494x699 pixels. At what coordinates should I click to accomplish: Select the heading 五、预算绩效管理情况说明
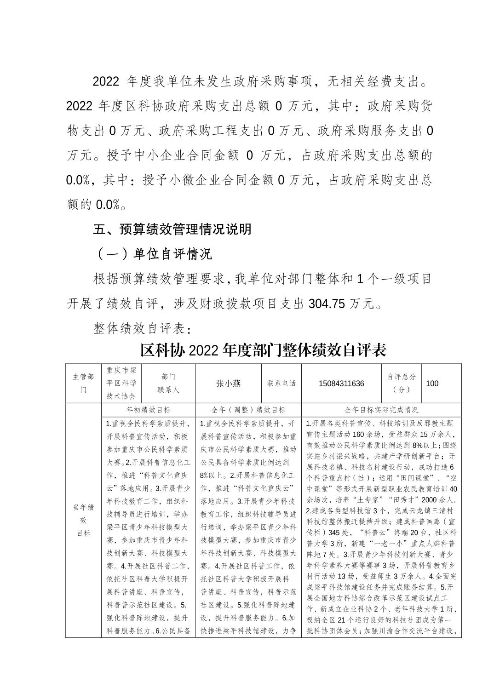[172, 229]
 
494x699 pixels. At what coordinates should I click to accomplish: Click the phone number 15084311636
[341, 384]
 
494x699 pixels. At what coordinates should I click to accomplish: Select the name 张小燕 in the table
[229, 384]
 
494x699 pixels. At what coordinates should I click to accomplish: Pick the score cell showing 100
[432, 384]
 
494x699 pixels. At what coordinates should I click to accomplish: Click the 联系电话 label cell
[281, 384]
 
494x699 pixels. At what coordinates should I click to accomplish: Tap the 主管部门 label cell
[83, 384]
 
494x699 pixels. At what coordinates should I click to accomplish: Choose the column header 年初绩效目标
[148, 410]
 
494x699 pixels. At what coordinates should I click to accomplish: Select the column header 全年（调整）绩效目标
[248, 410]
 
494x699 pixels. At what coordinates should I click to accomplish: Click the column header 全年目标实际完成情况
[381, 410]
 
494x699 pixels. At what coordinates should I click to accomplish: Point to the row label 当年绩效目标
[83, 520]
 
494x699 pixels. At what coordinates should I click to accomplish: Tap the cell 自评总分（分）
[401, 384]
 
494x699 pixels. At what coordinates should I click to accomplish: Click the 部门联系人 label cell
[168, 384]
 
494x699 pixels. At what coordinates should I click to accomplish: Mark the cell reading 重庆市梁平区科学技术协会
[121, 384]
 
